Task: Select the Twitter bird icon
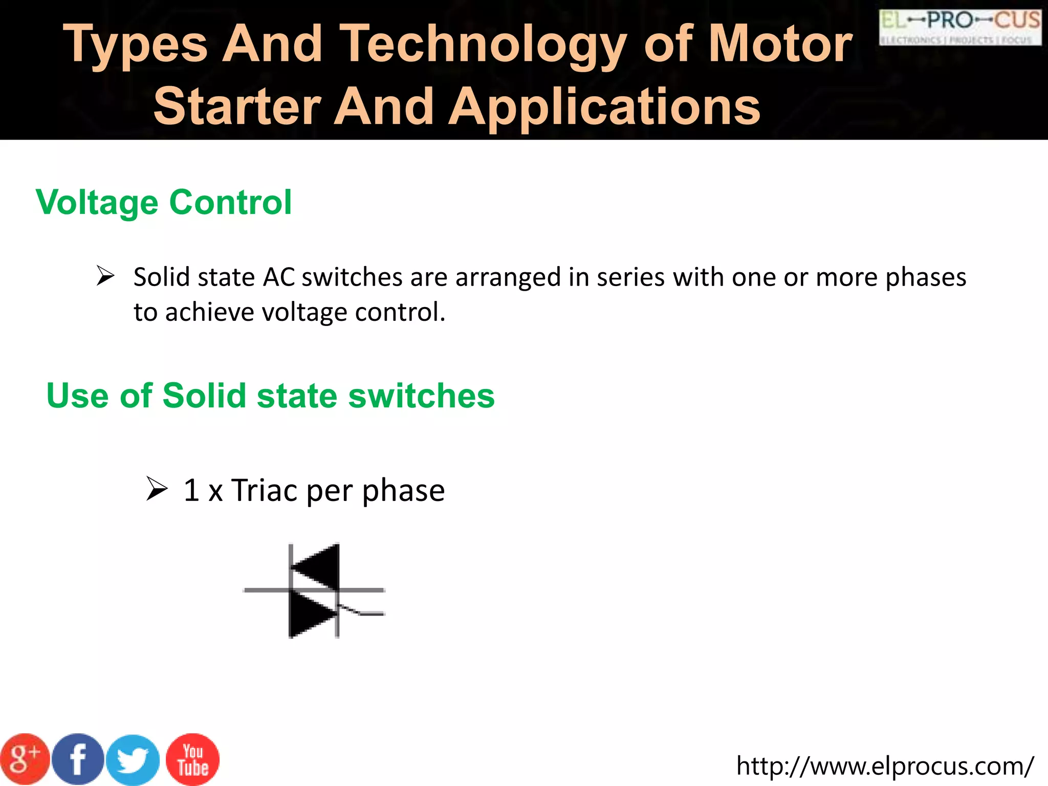coord(133,760)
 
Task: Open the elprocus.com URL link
coord(885,766)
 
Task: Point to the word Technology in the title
coord(483,45)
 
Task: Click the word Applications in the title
coord(604,106)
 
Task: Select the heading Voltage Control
coord(164,202)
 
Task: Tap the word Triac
coord(265,490)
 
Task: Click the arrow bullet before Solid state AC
coord(105,276)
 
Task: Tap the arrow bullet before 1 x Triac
coord(157,489)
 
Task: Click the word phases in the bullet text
coord(926,277)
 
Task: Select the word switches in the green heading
coord(421,396)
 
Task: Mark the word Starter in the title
coord(237,106)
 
